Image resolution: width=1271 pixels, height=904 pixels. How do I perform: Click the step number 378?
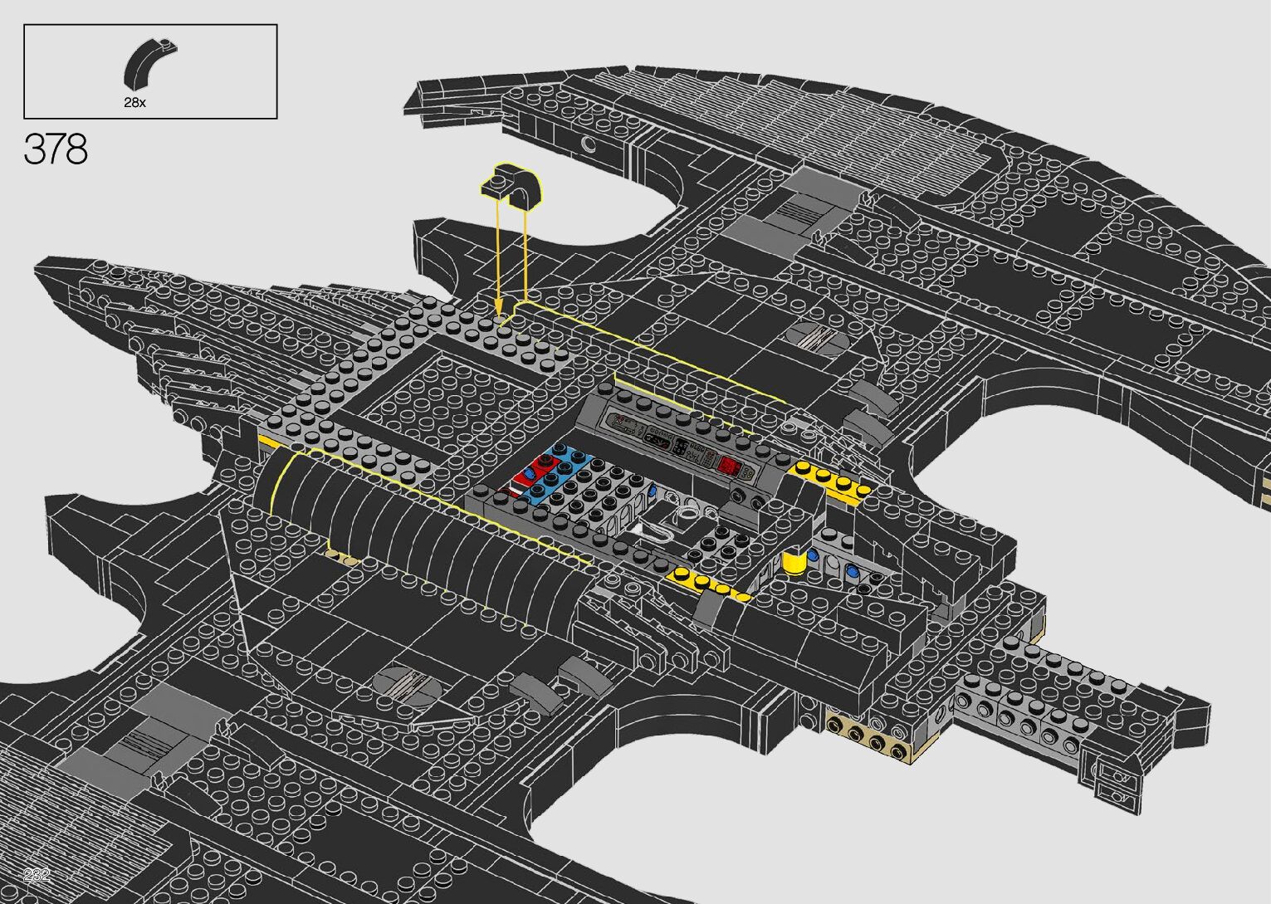click(x=56, y=149)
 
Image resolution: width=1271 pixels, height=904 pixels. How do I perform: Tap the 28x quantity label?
click(x=134, y=103)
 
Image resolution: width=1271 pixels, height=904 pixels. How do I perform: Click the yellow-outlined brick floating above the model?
click(x=511, y=184)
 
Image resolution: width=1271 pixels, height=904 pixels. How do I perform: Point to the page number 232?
click(x=37, y=874)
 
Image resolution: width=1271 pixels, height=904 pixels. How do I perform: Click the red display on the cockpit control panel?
click(x=729, y=466)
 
